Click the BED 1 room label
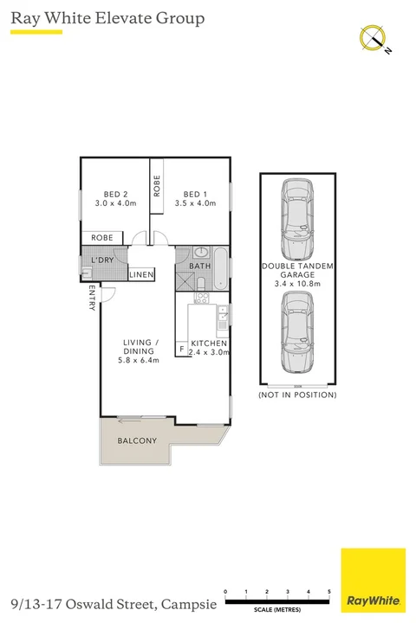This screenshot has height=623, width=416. pyautogui.click(x=193, y=194)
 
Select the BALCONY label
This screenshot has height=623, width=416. pyautogui.click(x=137, y=441)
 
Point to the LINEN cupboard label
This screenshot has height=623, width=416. pyautogui.click(x=141, y=275)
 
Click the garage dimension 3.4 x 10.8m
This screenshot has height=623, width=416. pyautogui.click(x=297, y=282)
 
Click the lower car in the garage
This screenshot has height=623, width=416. pyautogui.click(x=297, y=330)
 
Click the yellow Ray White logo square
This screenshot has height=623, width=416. pyautogui.click(x=373, y=581)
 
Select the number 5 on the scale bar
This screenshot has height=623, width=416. pyautogui.click(x=329, y=593)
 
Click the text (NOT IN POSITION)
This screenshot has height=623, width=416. pyautogui.click(x=297, y=395)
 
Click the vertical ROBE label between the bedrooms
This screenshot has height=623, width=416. pyautogui.click(x=157, y=187)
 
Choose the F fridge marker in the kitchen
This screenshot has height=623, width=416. pyautogui.click(x=181, y=350)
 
